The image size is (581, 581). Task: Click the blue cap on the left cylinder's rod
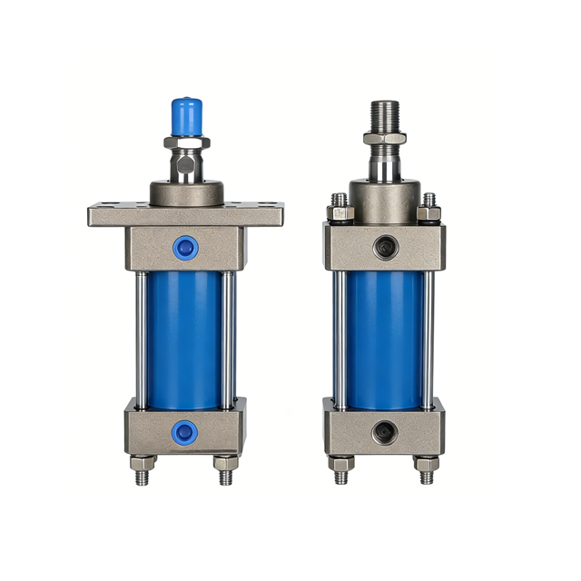tap(186, 114)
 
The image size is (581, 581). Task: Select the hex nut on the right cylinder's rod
tap(385, 139)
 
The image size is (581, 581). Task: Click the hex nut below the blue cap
tap(186, 143)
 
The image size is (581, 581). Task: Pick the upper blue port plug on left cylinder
tap(185, 246)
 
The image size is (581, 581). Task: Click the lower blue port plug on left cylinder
tap(185, 432)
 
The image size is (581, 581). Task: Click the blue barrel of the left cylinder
tap(184, 336)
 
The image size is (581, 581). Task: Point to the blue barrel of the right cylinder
tap(384, 336)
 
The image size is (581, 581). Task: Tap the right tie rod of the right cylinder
tap(429, 336)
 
